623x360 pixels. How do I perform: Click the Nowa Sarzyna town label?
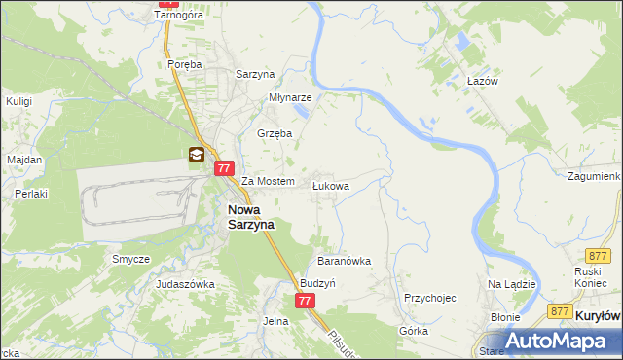[x=251, y=216]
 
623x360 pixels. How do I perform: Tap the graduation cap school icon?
[x=196, y=155]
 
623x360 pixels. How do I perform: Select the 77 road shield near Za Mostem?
[x=223, y=168]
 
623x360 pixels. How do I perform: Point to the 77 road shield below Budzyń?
[x=306, y=301]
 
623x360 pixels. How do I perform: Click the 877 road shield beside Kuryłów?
[x=558, y=311]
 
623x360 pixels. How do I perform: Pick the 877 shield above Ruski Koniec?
[x=598, y=254]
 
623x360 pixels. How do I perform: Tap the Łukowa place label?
[x=330, y=184]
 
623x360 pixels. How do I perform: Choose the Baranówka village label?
[x=345, y=262]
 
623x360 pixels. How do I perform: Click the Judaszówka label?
[x=185, y=284]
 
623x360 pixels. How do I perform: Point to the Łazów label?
[x=482, y=81]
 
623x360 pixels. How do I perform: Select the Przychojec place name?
[x=429, y=299]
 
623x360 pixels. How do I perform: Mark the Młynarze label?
[x=290, y=98]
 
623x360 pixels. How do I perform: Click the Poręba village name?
[x=184, y=64]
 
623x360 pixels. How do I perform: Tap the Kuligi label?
[x=19, y=100]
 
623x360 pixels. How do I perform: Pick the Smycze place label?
[x=130, y=259]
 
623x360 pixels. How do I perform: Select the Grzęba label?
[x=275, y=133]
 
